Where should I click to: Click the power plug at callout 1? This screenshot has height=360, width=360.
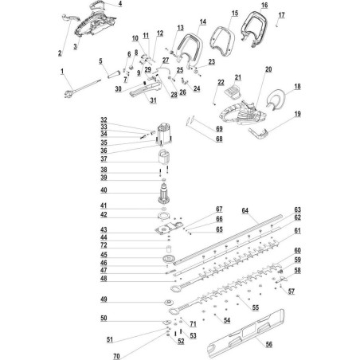click(x=68, y=94)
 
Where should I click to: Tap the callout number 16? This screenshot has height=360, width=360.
click(x=264, y=5)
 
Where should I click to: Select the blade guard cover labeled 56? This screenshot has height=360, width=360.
click(x=245, y=333)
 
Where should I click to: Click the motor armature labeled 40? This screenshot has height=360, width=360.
click(x=164, y=194)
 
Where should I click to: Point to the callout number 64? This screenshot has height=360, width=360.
click(x=245, y=210)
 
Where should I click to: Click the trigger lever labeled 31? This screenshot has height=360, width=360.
click(x=146, y=88)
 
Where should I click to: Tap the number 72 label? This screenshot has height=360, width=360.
click(x=104, y=245)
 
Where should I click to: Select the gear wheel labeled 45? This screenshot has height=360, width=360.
click(x=169, y=259)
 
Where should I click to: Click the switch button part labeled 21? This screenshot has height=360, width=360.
click(x=233, y=91)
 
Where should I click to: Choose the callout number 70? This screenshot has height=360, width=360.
click(x=116, y=356)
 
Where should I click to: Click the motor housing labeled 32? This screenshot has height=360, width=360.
click(x=164, y=135)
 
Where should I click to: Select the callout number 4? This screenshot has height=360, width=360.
click(x=120, y=3)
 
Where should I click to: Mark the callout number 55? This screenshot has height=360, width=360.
click(x=256, y=307)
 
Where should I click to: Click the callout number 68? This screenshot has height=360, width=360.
click(x=219, y=139)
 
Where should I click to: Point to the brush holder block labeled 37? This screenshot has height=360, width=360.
click(x=163, y=156)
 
